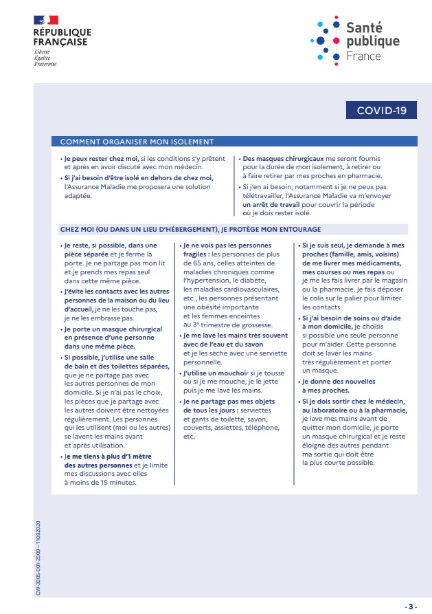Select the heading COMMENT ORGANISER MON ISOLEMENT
pos(137,142)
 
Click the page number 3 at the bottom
pos(411,606)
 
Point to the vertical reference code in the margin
pos(38,546)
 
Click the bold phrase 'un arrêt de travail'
pos(269,204)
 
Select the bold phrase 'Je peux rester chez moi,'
pos(102,159)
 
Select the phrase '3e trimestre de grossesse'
pos(231,325)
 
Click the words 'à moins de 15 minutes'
pos(101,482)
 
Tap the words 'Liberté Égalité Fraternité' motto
pos(45,58)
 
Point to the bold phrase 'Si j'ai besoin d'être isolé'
pos(141,177)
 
